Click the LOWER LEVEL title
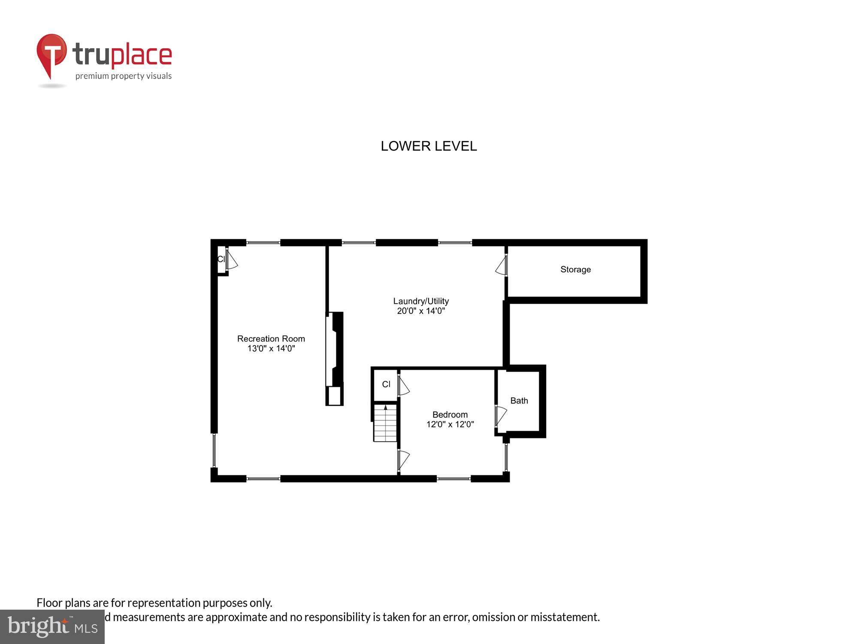(429, 146)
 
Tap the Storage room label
(575, 270)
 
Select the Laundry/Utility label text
(421, 301)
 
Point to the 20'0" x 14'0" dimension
(421, 311)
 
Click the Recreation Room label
(271, 339)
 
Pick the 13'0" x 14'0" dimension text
(271, 348)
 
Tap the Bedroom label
(450, 415)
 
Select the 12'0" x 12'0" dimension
(450, 425)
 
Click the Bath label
(519, 401)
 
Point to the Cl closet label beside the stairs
(386, 384)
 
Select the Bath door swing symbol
(500, 415)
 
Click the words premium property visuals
(124, 76)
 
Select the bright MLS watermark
(52, 626)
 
